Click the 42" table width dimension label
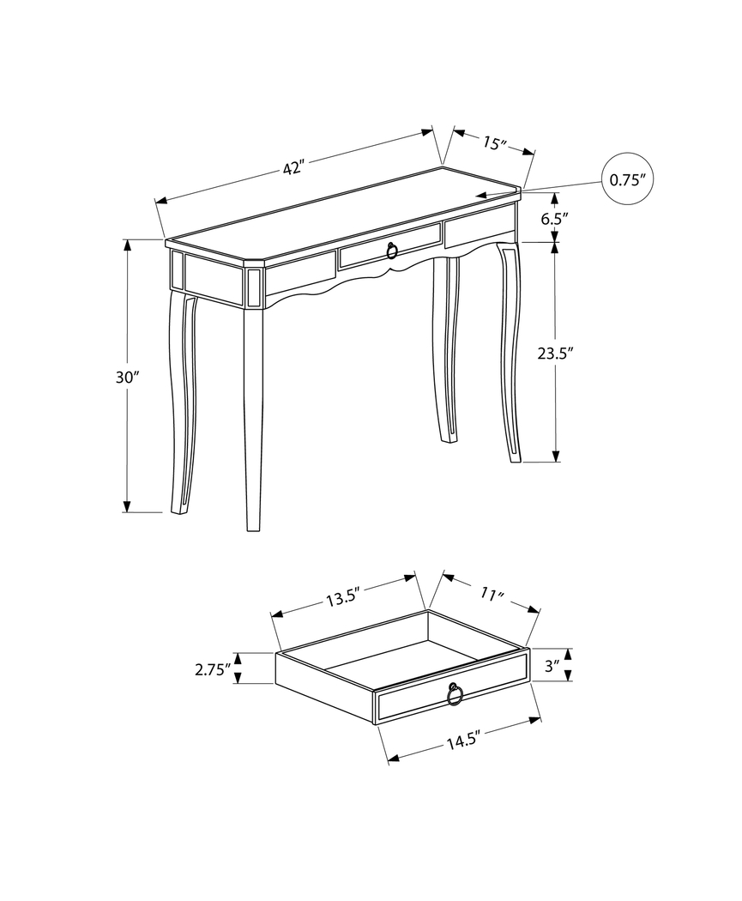[294, 168]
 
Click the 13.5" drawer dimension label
[341, 598]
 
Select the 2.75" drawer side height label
[213, 669]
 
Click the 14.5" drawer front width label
[461, 740]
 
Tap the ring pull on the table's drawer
[392, 251]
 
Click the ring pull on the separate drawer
[455, 694]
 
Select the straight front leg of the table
[252, 420]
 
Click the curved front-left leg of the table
[183, 403]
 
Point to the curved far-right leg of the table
[510, 352]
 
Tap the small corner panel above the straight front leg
[253, 288]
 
